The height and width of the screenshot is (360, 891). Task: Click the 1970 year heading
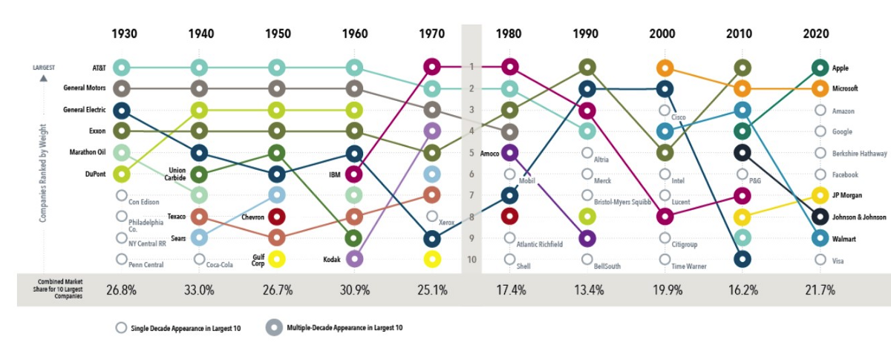(432, 34)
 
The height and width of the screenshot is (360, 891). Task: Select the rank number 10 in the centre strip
(471, 260)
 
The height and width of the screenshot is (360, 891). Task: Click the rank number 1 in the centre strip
(471, 68)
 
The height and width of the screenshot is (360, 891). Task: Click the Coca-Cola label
(221, 265)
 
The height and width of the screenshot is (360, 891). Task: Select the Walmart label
(845, 238)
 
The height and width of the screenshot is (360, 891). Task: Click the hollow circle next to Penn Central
(121, 260)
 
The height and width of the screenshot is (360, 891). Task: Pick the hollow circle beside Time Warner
(665, 260)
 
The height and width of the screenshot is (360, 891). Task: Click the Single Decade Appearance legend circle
(121, 327)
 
